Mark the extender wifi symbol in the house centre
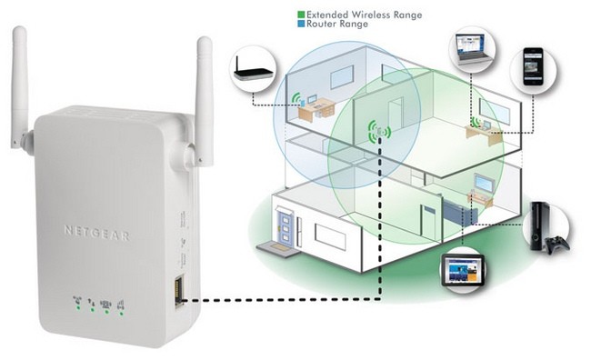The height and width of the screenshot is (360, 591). tap(378, 133)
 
